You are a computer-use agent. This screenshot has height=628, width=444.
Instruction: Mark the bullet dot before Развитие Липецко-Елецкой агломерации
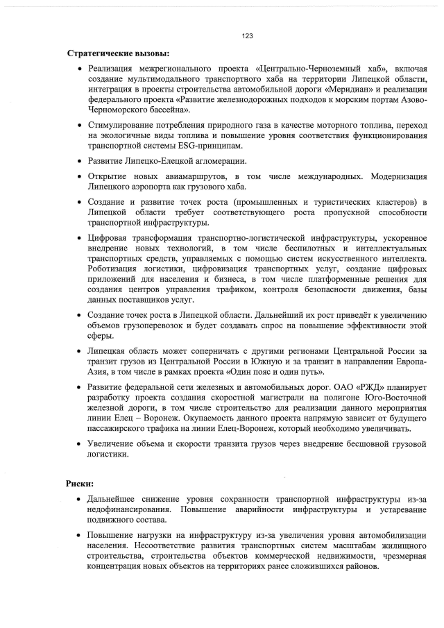tap(81, 162)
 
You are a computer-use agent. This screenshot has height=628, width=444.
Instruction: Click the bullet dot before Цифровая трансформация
tap(81, 237)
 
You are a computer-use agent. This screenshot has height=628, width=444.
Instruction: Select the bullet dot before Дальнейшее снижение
tap(81, 499)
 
